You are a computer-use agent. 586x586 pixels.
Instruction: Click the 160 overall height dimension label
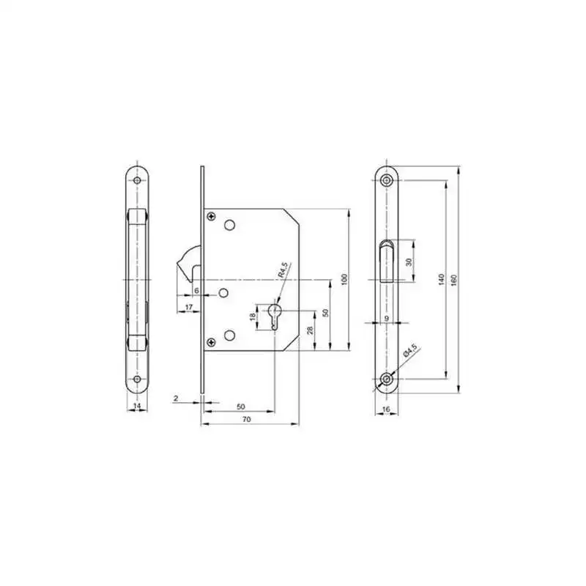(x=454, y=280)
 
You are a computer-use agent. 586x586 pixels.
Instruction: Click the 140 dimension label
(x=442, y=280)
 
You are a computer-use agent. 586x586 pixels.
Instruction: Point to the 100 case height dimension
(x=344, y=280)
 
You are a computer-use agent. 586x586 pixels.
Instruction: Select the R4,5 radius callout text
(x=283, y=270)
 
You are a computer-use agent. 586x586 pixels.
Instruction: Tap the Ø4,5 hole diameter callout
(x=410, y=352)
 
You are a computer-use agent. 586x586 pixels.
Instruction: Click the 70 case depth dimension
(x=247, y=419)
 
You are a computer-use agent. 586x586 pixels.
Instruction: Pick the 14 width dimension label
(x=137, y=405)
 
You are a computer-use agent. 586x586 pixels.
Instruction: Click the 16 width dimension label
(x=387, y=409)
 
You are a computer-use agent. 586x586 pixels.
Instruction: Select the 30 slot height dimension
(x=409, y=262)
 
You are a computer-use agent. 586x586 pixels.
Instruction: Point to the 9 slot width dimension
(x=387, y=318)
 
